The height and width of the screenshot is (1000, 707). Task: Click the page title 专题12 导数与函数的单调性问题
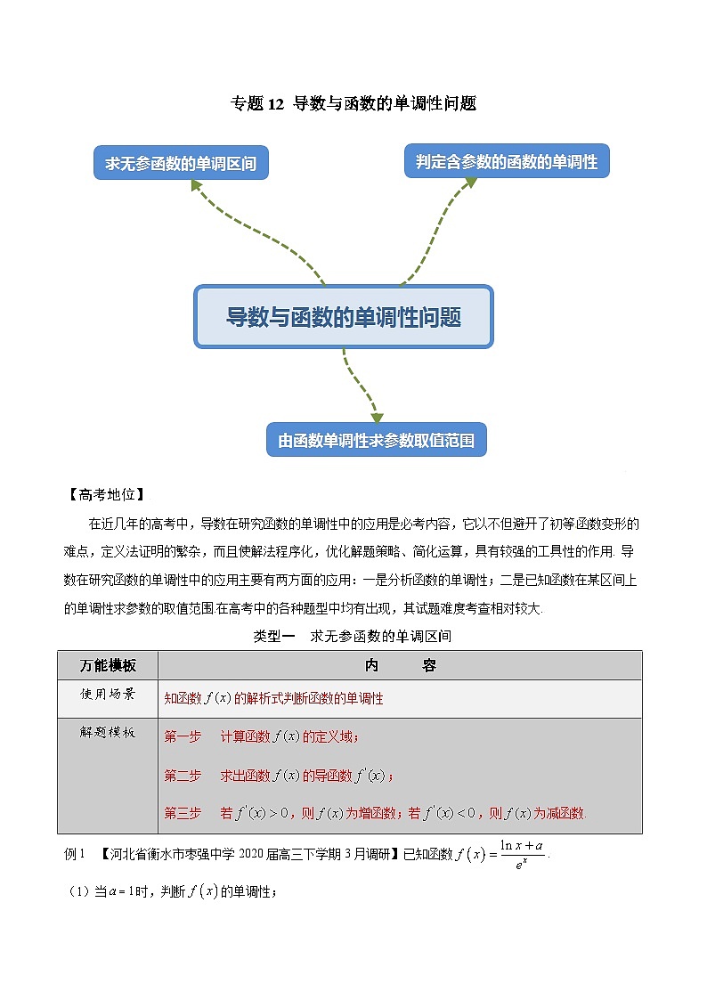point(353,103)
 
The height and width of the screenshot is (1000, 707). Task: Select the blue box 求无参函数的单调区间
point(181,164)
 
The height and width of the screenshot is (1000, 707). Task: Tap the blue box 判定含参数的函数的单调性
point(507,162)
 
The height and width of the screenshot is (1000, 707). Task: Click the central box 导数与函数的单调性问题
point(344,316)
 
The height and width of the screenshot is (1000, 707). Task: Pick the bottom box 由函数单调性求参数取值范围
point(377,440)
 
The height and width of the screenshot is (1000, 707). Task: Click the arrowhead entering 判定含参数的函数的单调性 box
point(470,183)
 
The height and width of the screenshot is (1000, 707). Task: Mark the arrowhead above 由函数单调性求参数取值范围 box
point(377,417)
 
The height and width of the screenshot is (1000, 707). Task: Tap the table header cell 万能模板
point(108,665)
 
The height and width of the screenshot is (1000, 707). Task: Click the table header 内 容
point(400,665)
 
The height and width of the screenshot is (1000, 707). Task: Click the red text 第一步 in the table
point(183,736)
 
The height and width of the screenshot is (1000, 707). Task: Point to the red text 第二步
point(183,776)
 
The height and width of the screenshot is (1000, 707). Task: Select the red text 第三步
point(183,813)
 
